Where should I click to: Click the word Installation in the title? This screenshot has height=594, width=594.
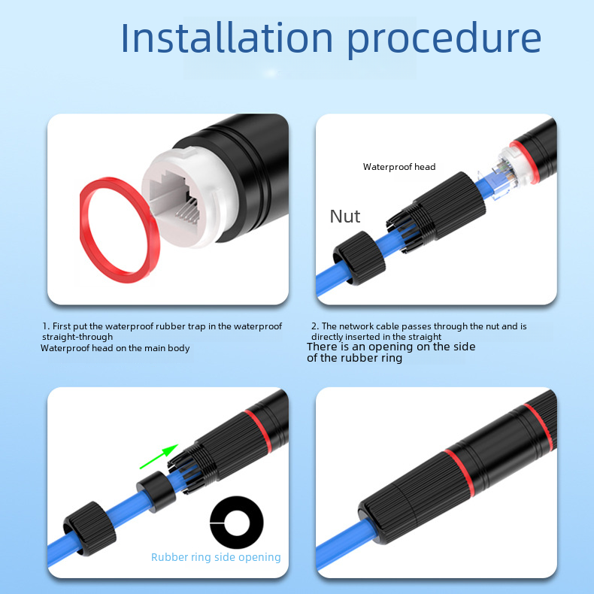[226, 38]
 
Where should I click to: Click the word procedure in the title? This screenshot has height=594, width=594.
[444, 40]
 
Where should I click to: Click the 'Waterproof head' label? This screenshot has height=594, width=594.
[399, 167]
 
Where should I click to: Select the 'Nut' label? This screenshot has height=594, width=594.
[344, 217]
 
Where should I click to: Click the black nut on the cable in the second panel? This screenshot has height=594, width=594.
[359, 258]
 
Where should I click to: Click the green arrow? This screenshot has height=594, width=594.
[159, 456]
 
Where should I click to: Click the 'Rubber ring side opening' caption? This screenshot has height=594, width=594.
[216, 557]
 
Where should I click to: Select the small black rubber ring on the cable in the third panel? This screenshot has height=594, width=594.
[156, 492]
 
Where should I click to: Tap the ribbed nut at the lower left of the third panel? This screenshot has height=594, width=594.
[89, 529]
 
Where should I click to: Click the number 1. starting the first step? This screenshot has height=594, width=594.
[46, 326]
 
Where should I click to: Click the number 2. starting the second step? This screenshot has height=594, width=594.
[315, 326]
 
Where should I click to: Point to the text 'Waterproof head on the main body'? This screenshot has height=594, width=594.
[115, 348]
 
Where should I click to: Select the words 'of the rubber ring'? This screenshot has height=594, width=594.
[355, 358]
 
